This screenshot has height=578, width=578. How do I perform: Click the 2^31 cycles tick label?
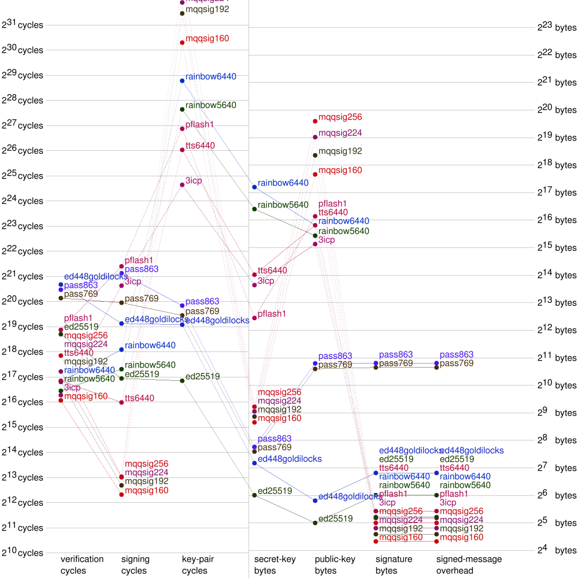tap(23, 25)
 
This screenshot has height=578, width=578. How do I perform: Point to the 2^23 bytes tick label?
tap(557, 27)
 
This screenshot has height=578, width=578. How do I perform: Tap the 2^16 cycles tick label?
tap(23, 402)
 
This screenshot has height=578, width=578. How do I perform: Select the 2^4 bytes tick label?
tap(557, 550)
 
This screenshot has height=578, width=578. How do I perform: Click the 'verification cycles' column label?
tap(82, 565)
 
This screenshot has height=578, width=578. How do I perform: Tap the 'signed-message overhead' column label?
tap(469, 565)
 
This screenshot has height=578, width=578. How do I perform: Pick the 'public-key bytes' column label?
tap(335, 565)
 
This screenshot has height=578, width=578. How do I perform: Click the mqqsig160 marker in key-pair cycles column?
tap(182, 42)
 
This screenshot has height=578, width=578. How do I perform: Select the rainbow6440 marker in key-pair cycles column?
tap(182, 80)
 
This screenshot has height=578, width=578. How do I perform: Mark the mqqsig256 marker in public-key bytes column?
tap(315, 121)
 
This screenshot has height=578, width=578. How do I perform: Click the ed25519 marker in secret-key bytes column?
tap(254, 495)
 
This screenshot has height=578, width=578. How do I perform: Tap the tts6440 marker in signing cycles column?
tap(121, 402)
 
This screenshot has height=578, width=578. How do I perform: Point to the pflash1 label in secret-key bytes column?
tap(272, 314)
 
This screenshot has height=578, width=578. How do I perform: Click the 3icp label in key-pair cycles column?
tap(194, 181)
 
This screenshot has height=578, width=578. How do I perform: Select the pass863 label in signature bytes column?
tap(396, 354)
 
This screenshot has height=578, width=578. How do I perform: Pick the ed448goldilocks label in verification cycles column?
tap(96, 276)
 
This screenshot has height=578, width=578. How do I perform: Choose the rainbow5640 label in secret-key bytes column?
tap(283, 205)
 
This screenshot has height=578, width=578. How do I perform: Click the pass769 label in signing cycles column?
tap(142, 298)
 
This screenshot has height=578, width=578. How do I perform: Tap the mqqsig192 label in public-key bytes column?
tap(340, 151)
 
